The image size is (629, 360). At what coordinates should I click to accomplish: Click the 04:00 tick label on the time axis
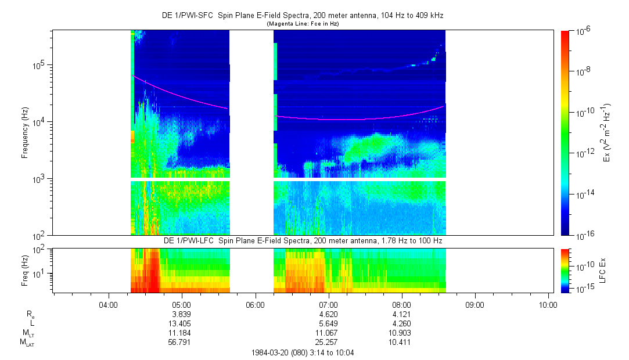[x=109, y=304]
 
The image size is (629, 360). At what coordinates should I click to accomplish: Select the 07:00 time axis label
[x=329, y=304]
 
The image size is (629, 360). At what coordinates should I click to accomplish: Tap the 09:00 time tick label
[x=475, y=304]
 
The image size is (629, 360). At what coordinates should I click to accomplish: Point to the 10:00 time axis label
[x=548, y=304]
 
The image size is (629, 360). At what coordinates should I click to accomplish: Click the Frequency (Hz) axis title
[x=25, y=132]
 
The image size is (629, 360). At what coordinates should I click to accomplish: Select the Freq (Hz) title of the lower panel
[x=25, y=269]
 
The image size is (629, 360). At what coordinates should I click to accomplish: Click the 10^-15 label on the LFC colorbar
[x=584, y=289]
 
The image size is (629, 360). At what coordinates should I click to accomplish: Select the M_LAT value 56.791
[x=182, y=342]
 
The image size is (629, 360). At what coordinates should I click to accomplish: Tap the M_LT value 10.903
[x=402, y=333]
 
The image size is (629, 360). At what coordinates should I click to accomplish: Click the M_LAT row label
[x=27, y=343]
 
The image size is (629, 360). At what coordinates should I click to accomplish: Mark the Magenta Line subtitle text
[x=303, y=24]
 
